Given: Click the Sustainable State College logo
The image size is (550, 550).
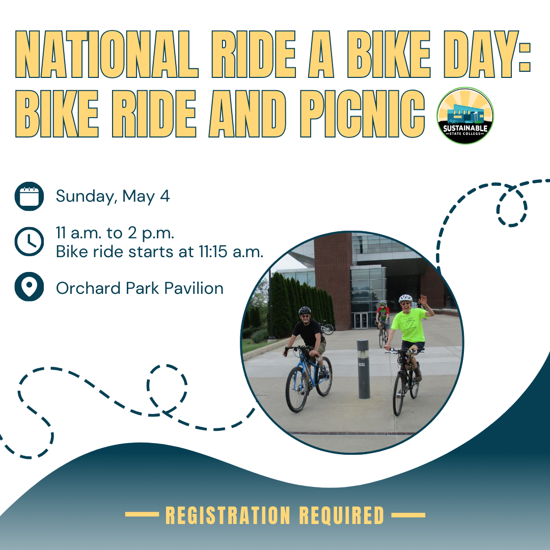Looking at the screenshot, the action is point(465,116).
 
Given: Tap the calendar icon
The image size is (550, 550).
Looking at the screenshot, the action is point(29,196).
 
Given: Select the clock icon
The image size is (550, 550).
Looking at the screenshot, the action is point(29,242).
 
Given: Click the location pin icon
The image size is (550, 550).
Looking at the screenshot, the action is point(29,287).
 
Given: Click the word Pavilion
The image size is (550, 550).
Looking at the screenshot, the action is point(194,288).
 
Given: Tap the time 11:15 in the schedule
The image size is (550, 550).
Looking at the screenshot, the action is point(213,252).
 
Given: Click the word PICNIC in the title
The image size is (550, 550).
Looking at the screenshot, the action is point(362,114).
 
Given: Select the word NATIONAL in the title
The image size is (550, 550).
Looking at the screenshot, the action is point(107,54).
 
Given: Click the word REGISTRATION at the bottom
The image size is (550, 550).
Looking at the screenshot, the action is point(228,515).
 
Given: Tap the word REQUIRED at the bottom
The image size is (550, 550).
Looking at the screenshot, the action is point(342,515).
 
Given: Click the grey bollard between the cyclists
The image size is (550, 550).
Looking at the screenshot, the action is point(364,369).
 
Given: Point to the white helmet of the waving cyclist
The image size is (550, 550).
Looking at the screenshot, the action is point(405,298).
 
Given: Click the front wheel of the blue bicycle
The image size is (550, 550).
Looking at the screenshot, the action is point(297,390).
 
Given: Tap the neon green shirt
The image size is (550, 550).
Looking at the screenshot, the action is point(409,325).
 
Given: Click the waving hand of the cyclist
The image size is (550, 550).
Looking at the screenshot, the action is point(424,300).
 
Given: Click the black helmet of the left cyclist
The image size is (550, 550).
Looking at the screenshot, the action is point(305,311).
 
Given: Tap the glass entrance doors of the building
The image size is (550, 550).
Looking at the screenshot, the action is point(361,320).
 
